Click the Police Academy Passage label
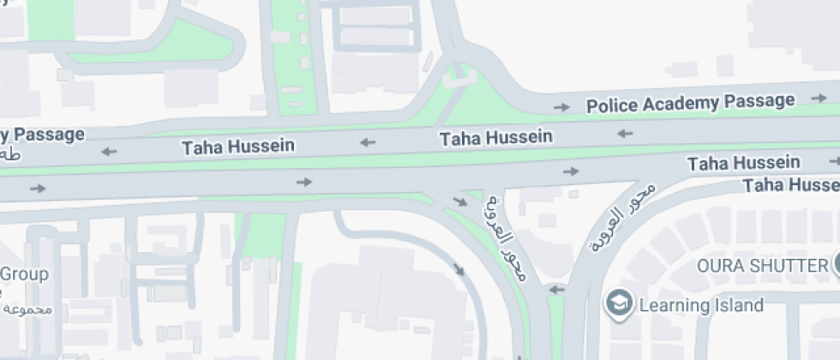690,103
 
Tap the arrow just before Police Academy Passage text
561,107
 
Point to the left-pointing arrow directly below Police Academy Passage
625,133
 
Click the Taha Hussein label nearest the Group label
237,147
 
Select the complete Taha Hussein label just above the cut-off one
743,163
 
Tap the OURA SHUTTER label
760,265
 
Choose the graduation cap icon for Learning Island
619,303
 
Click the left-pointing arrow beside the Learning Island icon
556,290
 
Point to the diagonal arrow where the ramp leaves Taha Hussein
460,202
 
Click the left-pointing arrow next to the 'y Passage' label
109,152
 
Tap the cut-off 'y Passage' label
42,135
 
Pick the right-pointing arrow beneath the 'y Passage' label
37,188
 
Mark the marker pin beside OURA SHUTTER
835,265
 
